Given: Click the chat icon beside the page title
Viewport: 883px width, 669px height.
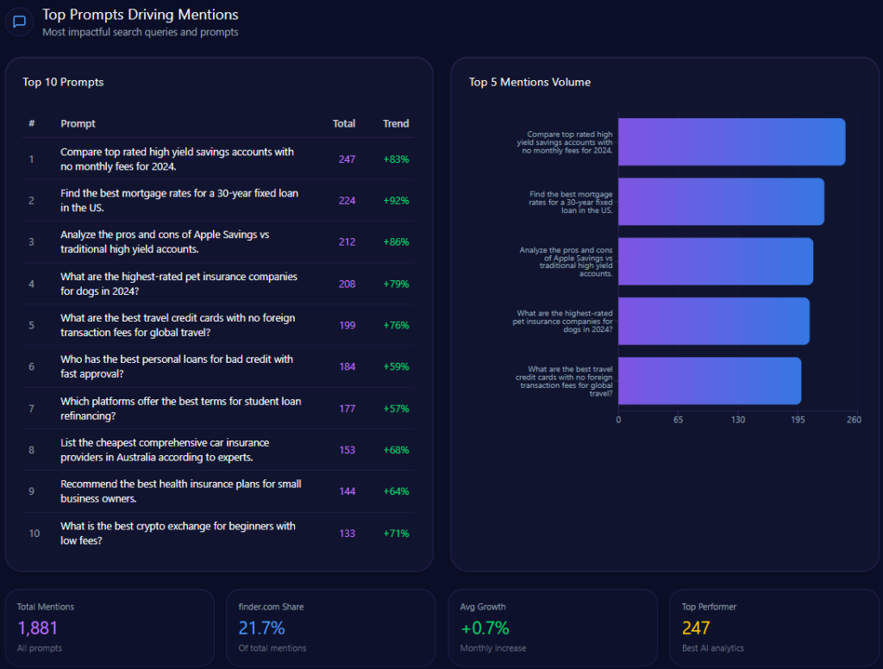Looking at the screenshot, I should [x=19, y=22].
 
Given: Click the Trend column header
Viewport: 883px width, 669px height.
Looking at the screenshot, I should [x=396, y=123].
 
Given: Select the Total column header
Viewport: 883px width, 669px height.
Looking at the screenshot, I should [x=344, y=123].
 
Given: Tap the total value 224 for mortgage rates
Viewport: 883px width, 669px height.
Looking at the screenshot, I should [x=347, y=201].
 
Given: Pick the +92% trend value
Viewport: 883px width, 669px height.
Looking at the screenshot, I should [x=396, y=201].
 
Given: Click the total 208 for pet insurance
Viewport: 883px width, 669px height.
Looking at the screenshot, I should [x=347, y=284].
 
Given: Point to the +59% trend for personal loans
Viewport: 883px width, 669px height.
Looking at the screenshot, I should [x=396, y=366].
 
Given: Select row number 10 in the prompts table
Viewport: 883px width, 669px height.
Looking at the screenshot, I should [x=34, y=534].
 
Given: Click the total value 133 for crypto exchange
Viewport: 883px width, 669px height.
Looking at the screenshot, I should [x=347, y=534].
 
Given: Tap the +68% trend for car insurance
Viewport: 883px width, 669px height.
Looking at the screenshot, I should [x=396, y=450].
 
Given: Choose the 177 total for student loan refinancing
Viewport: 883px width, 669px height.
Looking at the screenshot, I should [x=347, y=409].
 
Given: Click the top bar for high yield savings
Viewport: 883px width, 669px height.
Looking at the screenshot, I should [x=731, y=142].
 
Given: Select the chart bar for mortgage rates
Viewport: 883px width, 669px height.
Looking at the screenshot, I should [x=721, y=202].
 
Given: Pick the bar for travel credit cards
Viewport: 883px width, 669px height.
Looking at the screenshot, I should [x=710, y=380].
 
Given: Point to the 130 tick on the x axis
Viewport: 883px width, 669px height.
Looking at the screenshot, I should [x=738, y=420].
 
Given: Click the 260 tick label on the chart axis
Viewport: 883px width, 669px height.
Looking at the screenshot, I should [x=854, y=420].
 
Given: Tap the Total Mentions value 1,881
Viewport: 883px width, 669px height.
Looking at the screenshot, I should [x=37, y=628].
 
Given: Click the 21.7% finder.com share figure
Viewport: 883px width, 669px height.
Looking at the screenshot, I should [x=261, y=628].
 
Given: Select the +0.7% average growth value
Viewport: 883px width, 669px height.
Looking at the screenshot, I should [x=485, y=628].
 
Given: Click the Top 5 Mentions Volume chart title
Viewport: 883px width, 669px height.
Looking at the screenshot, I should [x=529, y=82].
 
